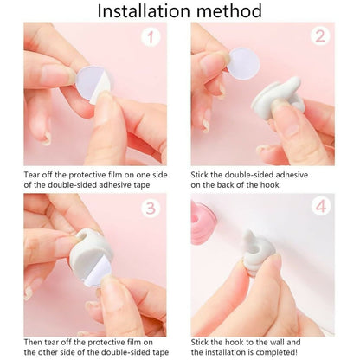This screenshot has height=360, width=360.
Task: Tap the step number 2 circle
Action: coord(319,37)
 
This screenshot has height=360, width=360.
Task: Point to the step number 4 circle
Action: coord(319,208)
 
